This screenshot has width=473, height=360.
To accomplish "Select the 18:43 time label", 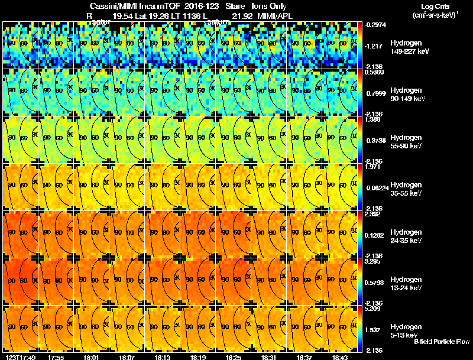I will click(339, 356).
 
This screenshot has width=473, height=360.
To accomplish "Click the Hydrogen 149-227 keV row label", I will click(405, 47).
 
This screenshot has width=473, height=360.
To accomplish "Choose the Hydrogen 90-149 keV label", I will click(405, 95).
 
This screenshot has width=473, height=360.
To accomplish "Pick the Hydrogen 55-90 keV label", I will click(405, 141).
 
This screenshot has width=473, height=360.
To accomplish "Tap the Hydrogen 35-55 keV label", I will click(405, 189).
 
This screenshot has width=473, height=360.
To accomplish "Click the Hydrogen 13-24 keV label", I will click(405, 283).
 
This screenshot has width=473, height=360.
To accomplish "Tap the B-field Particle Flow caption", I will click(442, 342).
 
